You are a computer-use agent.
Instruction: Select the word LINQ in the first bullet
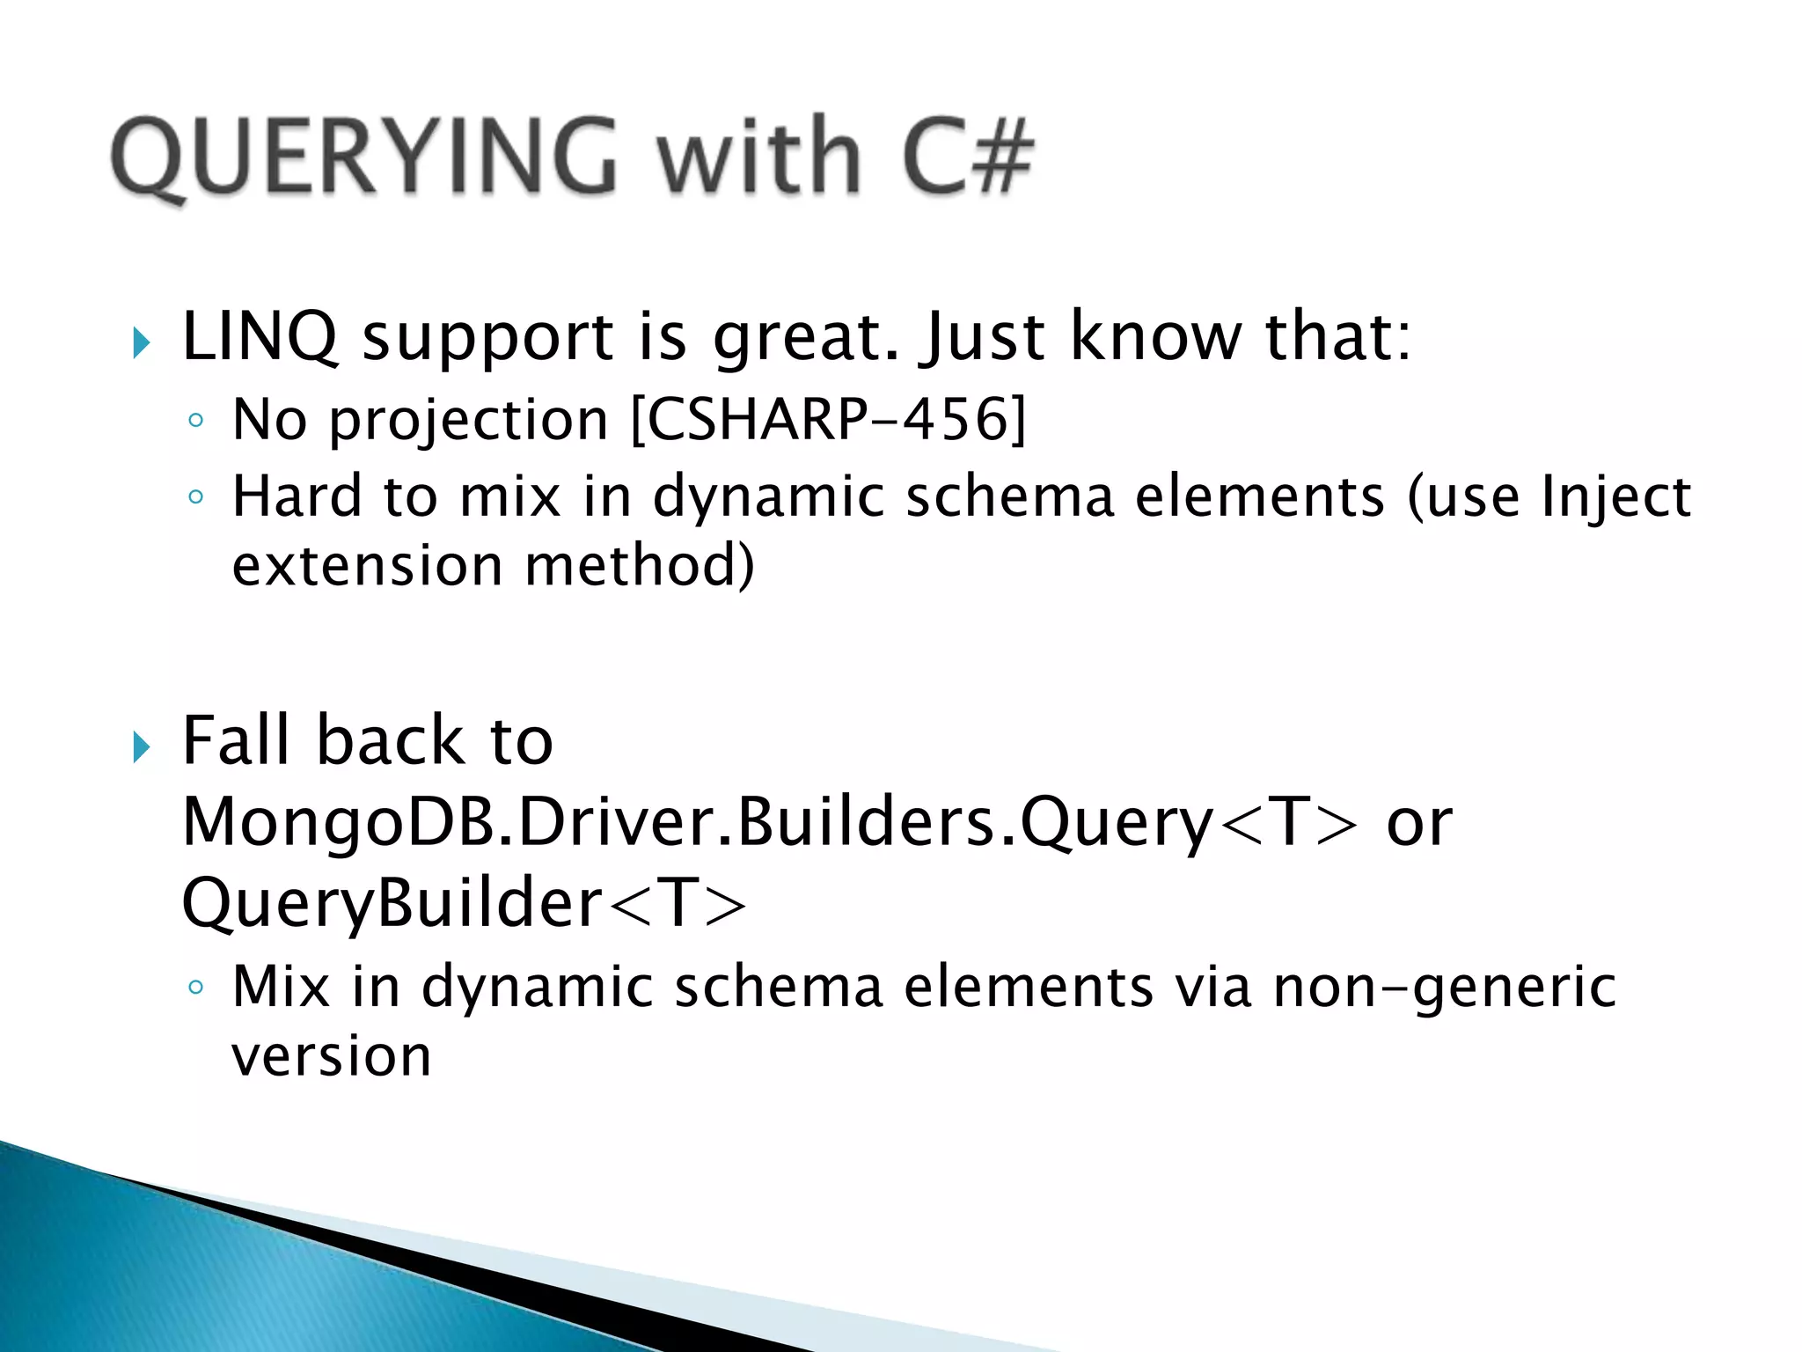coord(260,338)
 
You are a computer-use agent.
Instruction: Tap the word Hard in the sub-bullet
coord(297,496)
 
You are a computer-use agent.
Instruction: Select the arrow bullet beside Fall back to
coord(141,747)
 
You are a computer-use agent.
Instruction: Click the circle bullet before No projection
coord(195,421)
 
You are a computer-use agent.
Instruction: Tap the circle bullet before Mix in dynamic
coord(195,988)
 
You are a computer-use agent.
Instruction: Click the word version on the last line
coord(331,1057)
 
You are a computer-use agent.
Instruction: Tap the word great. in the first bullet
coord(806,340)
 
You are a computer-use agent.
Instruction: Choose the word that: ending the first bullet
coord(1337,338)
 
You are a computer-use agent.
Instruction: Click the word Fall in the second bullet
coord(236,741)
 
